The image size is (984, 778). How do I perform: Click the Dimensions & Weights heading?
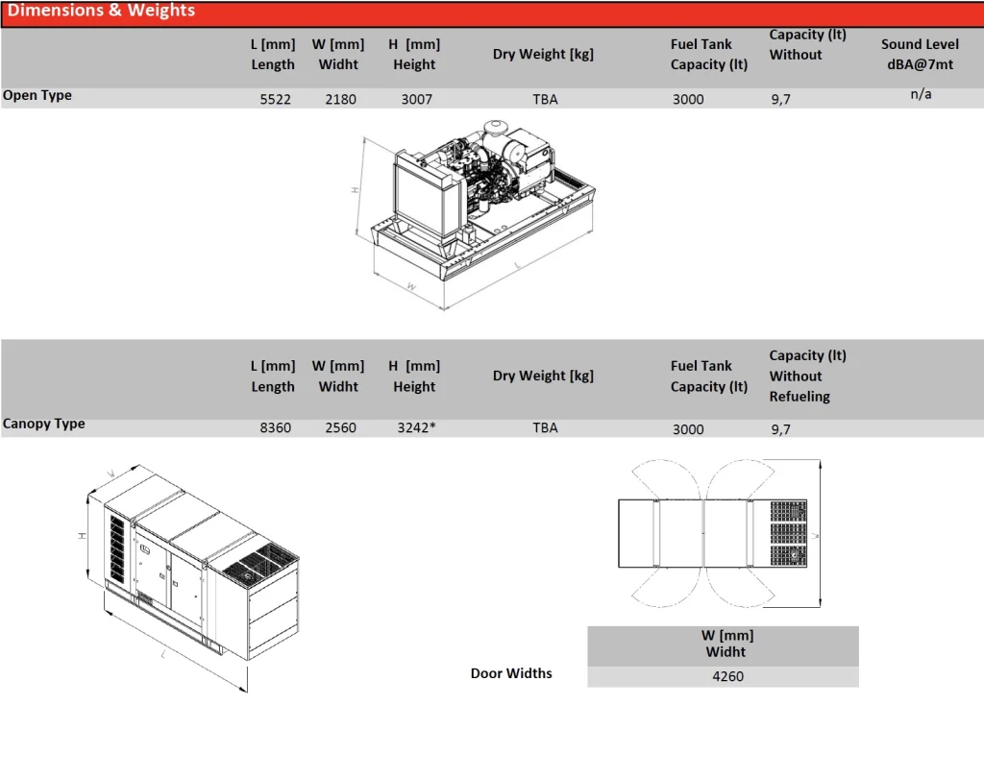pyautogui.click(x=101, y=12)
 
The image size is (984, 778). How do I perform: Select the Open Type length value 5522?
pyautogui.click(x=275, y=99)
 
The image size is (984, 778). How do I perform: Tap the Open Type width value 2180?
pyautogui.click(x=340, y=99)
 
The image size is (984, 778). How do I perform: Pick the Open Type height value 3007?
pyautogui.click(x=416, y=99)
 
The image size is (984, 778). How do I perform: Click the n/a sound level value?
pyautogui.click(x=921, y=94)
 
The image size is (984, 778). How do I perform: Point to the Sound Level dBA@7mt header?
pyautogui.click(x=920, y=54)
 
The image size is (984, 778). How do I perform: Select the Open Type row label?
pyautogui.click(x=37, y=95)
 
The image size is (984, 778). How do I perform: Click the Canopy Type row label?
pyautogui.click(x=44, y=424)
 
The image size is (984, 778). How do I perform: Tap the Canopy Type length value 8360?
pyautogui.click(x=275, y=428)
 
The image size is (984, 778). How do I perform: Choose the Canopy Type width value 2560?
pyautogui.click(x=340, y=428)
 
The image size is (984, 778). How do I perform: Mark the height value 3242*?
pyautogui.click(x=416, y=428)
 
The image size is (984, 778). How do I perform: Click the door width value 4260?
pyautogui.click(x=727, y=676)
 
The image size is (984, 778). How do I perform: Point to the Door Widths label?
pyautogui.click(x=511, y=673)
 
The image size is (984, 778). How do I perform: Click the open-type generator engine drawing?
pyautogui.click(x=480, y=182)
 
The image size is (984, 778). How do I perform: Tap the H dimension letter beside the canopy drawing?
pyautogui.click(x=83, y=535)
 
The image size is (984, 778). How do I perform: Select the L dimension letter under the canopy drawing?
pyautogui.click(x=164, y=655)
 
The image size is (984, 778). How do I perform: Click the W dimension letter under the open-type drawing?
pyautogui.click(x=410, y=286)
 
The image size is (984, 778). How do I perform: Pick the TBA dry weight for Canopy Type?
pyautogui.click(x=545, y=428)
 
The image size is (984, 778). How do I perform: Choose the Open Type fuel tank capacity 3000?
pyautogui.click(x=688, y=99)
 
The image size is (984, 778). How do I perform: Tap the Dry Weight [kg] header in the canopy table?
pyautogui.click(x=543, y=376)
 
